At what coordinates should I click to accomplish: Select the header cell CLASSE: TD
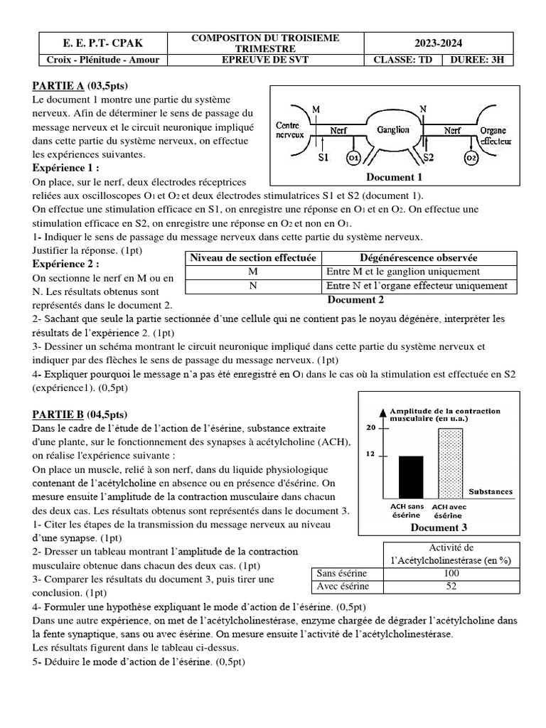[x=402, y=60]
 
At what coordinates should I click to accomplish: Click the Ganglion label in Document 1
[x=393, y=130]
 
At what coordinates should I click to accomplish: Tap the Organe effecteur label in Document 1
[x=493, y=136]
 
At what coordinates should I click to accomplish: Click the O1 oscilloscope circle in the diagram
[x=353, y=157]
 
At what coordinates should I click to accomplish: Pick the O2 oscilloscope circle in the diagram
[x=471, y=157]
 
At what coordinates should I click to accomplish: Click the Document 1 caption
[x=394, y=177]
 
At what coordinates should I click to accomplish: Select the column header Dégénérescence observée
[x=418, y=257]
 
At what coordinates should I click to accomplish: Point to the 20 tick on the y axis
[x=370, y=428]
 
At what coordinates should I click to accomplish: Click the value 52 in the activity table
[x=451, y=587]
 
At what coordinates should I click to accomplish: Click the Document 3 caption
[x=439, y=528]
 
